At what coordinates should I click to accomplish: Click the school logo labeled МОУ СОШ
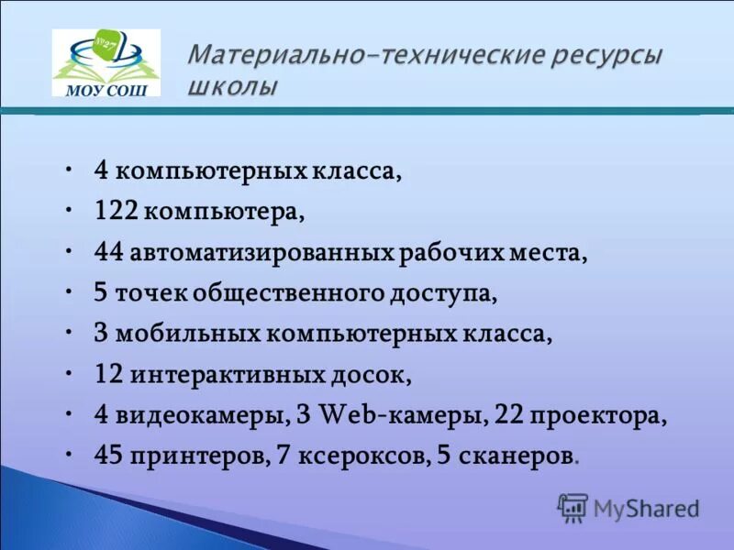106,63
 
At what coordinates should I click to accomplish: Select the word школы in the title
232,88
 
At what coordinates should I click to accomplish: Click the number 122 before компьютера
116,211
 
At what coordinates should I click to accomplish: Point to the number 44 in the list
111,251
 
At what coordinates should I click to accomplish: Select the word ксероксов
362,456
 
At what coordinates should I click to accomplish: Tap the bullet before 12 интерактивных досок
72,372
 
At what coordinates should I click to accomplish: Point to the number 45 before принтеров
111,456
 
